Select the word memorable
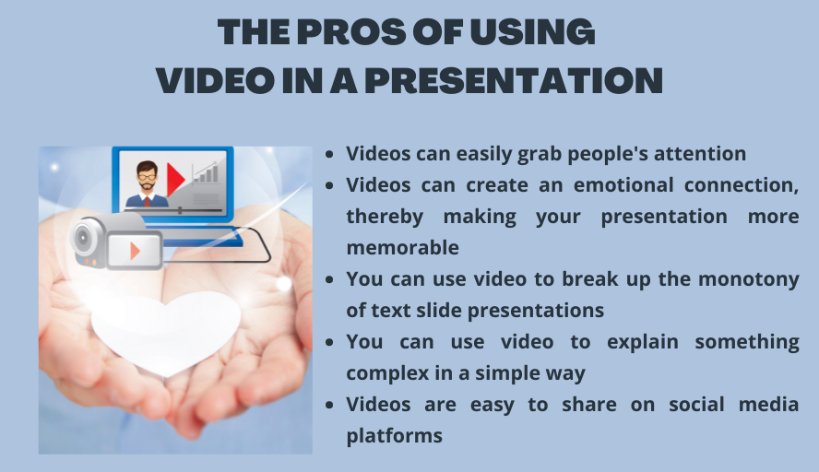402,247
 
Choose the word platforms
395,435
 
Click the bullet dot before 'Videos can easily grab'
331,154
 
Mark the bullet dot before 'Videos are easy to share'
331,405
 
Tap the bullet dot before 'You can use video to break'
331,279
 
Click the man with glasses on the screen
146,184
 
